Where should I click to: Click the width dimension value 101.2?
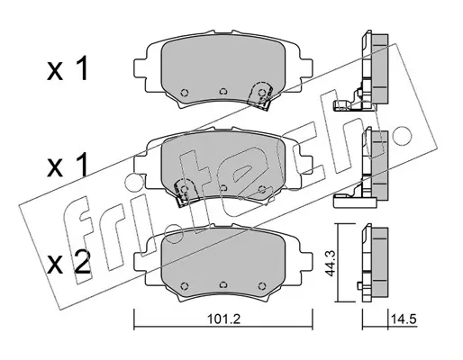tap(224, 319)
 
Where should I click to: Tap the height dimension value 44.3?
tap(331, 263)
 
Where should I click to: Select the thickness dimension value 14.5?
tap(404, 319)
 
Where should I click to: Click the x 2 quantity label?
tap(68, 262)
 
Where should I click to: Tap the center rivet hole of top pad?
tap(222, 91)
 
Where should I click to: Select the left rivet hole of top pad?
tap(185, 92)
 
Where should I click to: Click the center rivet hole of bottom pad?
tap(222, 284)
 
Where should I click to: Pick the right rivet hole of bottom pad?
tap(262, 285)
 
